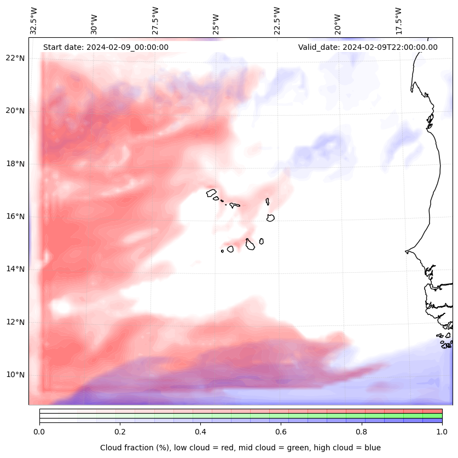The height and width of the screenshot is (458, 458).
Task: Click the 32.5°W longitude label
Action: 34,20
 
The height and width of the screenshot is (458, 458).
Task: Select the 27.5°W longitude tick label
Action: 155,20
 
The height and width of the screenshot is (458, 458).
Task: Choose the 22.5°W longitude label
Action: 277,20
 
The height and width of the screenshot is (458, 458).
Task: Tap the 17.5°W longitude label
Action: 398,20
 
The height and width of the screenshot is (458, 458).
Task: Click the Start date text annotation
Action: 106,47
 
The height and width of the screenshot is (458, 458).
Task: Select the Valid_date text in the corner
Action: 368,47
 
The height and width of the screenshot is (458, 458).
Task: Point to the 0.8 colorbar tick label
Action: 362,431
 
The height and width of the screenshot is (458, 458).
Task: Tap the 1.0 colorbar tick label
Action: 442,431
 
